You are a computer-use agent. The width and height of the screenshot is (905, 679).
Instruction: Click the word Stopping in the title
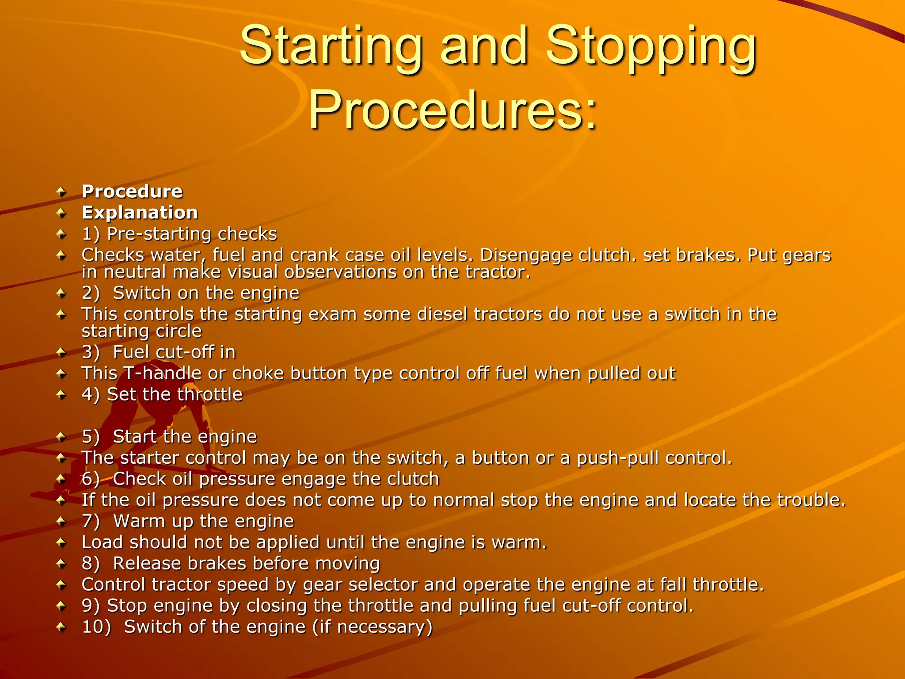[651, 46]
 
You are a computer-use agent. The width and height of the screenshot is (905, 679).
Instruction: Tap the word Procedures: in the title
[452, 110]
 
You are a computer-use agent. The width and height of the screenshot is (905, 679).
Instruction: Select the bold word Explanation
[140, 213]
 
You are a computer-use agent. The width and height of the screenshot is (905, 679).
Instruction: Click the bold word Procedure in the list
[132, 191]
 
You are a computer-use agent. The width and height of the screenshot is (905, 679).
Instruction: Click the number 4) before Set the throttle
[91, 394]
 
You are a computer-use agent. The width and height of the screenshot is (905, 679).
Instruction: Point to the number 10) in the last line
[96, 627]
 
